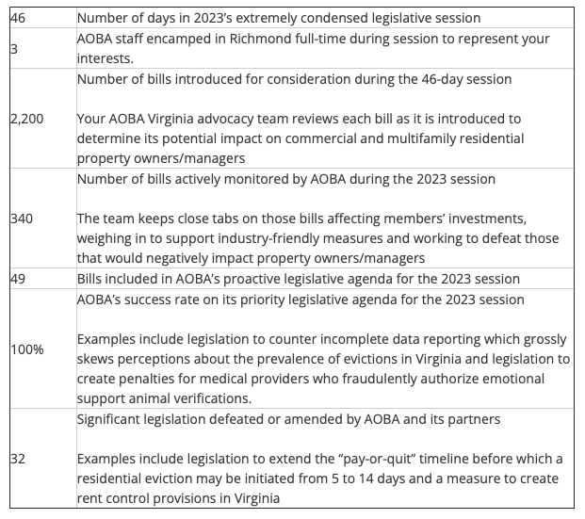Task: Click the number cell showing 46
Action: (18, 18)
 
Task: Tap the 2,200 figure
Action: (26, 121)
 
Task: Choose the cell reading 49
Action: (18, 279)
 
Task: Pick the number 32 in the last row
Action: (18, 459)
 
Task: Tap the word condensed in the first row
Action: (324, 18)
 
